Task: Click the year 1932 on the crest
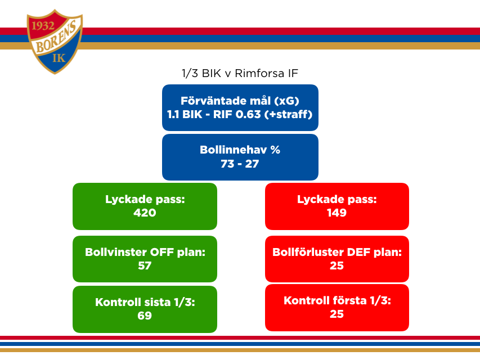(43, 26)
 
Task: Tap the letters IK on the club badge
(59, 57)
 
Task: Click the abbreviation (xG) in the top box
(286, 101)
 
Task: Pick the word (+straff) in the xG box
(288, 114)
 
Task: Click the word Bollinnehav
(234, 150)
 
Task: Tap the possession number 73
(227, 164)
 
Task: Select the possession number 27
(252, 164)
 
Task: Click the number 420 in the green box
(145, 213)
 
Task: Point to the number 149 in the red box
(337, 213)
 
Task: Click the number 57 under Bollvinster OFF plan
(145, 265)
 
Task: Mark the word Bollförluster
(308, 252)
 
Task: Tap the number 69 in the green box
(145, 316)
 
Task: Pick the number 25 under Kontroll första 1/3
(337, 314)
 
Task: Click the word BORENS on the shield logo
(56, 37)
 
